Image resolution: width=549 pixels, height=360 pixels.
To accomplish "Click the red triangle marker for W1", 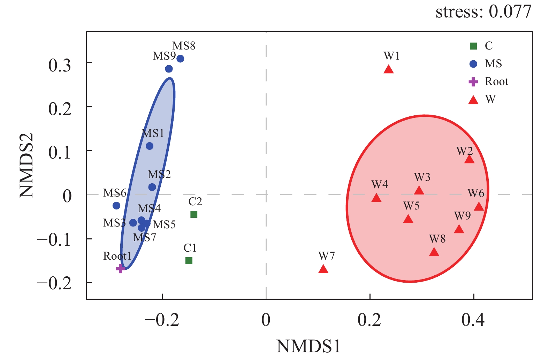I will click(x=389, y=70).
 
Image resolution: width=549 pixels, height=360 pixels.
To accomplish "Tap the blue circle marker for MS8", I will click(x=180, y=59).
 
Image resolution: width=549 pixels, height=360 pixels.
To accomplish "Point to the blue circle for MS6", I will click(x=116, y=206).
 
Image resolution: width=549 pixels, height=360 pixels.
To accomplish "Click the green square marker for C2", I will click(x=194, y=214).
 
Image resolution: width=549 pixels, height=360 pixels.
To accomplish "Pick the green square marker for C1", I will click(x=189, y=261).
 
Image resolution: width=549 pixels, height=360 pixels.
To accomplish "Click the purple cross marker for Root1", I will click(x=120, y=268).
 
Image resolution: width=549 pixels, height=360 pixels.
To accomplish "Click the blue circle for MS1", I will click(x=150, y=146).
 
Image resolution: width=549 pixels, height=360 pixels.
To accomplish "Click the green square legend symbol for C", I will click(x=473, y=46).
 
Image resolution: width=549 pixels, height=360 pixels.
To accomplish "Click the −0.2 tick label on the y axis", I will click(x=54, y=283).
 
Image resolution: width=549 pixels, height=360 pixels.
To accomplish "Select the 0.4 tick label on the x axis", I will click(x=473, y=320).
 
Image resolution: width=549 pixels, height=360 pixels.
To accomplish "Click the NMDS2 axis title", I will click(x=26, y=165).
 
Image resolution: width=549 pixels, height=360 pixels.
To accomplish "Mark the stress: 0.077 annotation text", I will click(x=483, y=12).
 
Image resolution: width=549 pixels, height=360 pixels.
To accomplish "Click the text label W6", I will click(x=476, y=193).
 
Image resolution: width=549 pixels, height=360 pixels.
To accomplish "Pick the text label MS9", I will click(x=164, y=56).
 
